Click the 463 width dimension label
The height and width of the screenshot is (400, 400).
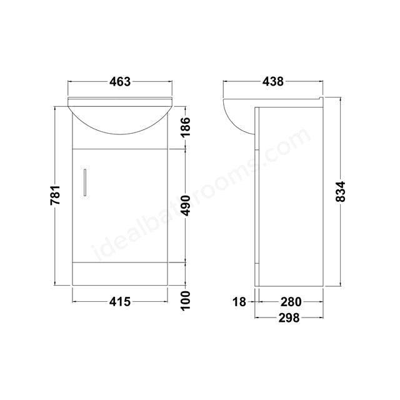(x=119, y=81)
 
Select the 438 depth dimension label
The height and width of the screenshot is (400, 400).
(x=273, y=81)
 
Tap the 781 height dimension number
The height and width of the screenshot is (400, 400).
(x=56, y=196)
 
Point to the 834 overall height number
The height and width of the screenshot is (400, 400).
(x=341, y=191)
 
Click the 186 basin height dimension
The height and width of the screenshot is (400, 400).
(x=186, y=127)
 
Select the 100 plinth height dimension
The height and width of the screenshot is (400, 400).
(x=186, y=302)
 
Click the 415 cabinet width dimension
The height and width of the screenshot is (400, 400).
(x=119, y=302)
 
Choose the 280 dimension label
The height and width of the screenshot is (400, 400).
(x=288, y=302)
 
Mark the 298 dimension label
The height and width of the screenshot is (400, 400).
(x=288, y=317)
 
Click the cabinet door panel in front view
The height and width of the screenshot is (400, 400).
(x=119, y=206)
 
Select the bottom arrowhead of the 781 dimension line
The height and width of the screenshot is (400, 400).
(x=56, y=283)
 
